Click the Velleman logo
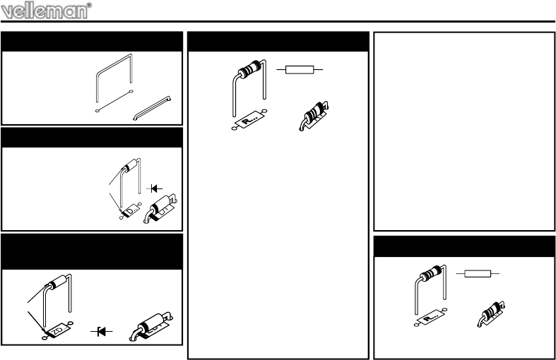point(45,11)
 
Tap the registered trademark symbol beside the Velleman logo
point(89,5)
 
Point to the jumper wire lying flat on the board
point(152,108)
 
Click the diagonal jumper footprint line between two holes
point(114,102)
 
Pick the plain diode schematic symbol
point(154,188)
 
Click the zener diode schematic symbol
point(102,332)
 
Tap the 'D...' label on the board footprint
point(131,210)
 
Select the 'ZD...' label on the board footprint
point(57,330)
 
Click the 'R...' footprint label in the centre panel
point(249,120)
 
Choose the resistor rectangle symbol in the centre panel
point(300,70)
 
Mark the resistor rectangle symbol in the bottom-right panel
point(478,274)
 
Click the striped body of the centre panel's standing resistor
point(250,69)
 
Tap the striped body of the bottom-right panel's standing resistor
point(430,273)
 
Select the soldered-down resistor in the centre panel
point(314,116)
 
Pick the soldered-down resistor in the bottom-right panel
point(491,314)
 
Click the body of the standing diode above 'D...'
point(129,165)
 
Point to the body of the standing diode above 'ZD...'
point(57,282)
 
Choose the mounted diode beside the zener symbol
point(151,325)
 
